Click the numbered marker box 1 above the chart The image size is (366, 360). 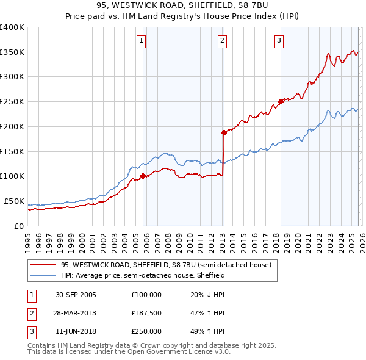(x=141, y=41)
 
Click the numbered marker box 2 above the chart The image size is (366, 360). (x=221, y=41)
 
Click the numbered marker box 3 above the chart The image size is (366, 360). (x=279, y=41)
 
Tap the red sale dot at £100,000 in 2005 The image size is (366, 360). (x=143, y=176)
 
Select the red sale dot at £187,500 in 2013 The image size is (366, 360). (x=224, y=132)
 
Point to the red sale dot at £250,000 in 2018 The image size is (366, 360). (x=281, y=101)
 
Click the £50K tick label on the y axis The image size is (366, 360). (x=14, y=201)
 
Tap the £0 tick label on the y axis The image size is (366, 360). (x=19, y=226)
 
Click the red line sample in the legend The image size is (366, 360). (x=43, y=265)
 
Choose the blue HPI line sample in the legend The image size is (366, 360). (x=43, y=275)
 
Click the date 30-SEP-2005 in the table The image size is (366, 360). (x=76, y=294)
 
